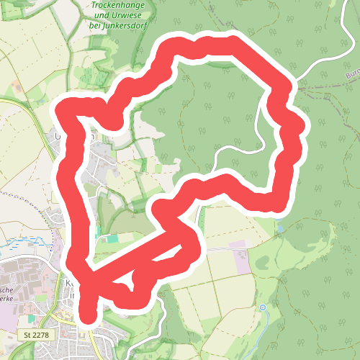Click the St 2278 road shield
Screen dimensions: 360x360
36,335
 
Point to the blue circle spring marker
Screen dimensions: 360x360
263,307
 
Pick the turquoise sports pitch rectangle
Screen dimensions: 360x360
112,238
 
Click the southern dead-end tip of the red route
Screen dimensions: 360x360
88,317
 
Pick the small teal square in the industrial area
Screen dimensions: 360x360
31,318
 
